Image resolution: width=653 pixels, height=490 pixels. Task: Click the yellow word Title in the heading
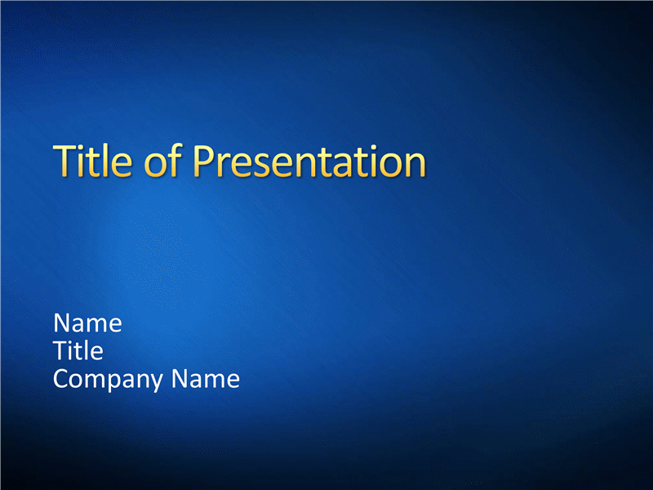point(92,161)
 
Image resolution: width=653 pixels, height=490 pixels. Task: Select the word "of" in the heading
point(162,160)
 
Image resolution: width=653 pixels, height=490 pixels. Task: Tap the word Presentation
point(309,161)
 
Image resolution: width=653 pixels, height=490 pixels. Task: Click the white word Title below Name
point(78,350)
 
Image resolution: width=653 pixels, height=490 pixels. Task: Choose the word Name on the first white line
point(87,323)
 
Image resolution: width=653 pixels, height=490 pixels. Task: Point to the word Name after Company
point(206,379)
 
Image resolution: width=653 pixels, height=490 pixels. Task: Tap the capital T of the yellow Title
point(65,161)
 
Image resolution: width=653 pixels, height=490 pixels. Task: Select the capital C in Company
point(61,379)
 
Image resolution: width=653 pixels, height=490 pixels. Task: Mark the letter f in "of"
point(175,160)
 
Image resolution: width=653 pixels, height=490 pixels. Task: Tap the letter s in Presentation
point(261,166)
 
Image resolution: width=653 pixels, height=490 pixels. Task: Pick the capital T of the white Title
point(60,350)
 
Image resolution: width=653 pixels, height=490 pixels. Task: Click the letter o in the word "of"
point(154,166)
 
